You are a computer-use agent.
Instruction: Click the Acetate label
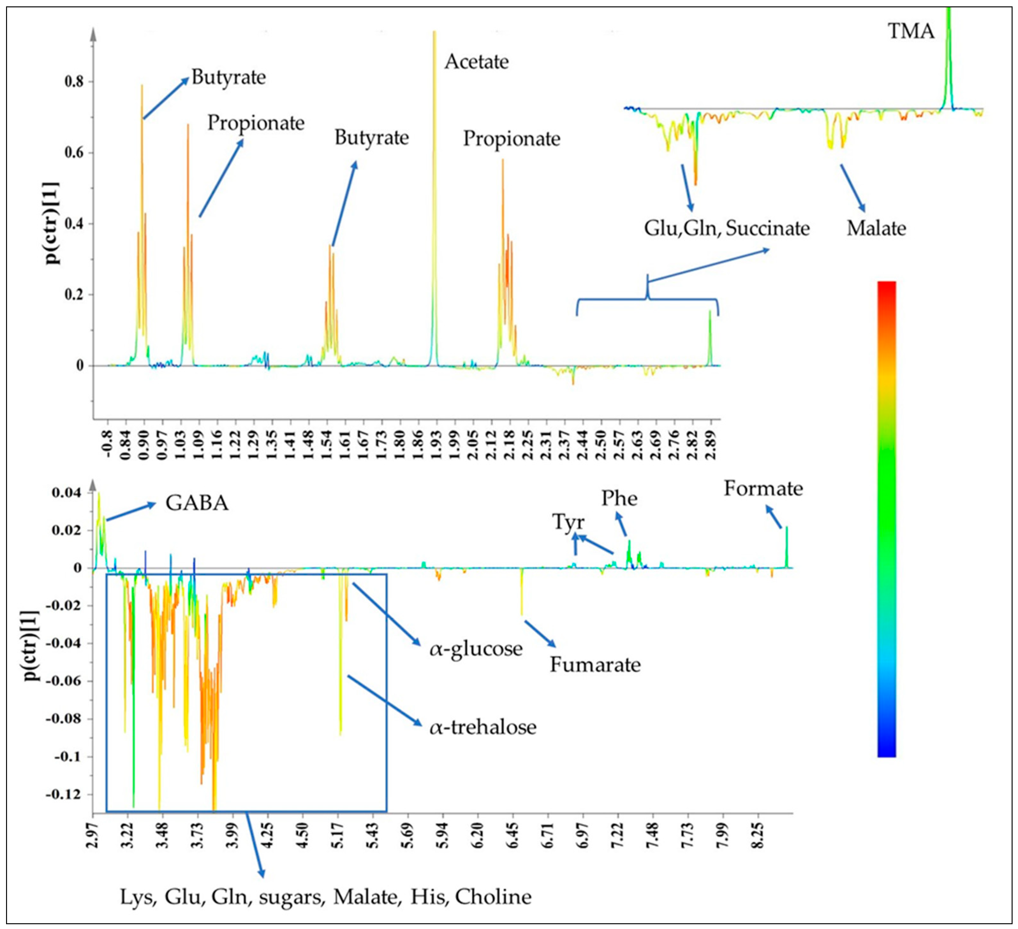(x=476, y=62)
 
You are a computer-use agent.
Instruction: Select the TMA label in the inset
(x=911, y=31)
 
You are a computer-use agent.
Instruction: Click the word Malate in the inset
(x=876, y=228)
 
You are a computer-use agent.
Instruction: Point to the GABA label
(x=197, y=503)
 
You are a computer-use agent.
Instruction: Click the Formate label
(x=763, y=489)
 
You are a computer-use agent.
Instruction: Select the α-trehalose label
(x=483, y=727)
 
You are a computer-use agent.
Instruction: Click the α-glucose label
(x=476, y=649)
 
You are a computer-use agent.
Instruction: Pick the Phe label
(x=619, y=499)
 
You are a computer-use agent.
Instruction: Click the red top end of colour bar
(x=887, y=285)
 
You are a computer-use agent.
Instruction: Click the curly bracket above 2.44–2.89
(x=647, y=298)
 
